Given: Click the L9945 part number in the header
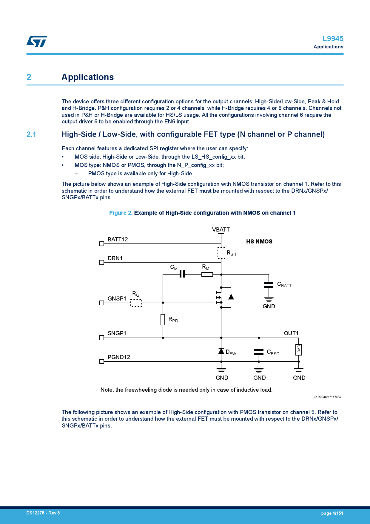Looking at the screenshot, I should click(x=333, y=39).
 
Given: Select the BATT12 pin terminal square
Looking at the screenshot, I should click(x=101, y=244).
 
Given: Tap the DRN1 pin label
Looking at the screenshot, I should click(x=115, y=258).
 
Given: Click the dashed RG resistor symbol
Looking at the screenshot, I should click(x=136, y=303).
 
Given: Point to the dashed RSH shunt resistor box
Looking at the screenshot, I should click(x=221, y=253).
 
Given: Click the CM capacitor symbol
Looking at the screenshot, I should click(x=182, y=274).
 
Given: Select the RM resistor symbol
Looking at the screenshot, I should click(x=207, y=274).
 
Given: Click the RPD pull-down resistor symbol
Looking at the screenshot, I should click(x=163, y=319).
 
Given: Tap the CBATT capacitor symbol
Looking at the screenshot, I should click(x=269, y=285).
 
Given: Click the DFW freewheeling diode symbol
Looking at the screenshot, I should click(x=221, y=351).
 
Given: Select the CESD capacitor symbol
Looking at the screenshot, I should click(x=259, y=352).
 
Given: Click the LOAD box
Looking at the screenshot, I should click(x=299, y=350).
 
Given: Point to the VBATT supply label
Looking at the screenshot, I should click(x=221, y=229).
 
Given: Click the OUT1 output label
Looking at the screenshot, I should click(x=291, y=333).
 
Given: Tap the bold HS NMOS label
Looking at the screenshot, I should click(x=259, y=241).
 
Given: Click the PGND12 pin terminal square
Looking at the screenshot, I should click(x=101, y=361).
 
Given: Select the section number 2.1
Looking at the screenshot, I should click(x=31, y=134).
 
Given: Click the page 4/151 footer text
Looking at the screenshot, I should click(x=332, y=513).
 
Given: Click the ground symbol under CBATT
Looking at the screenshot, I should click(x=269, y=299).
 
